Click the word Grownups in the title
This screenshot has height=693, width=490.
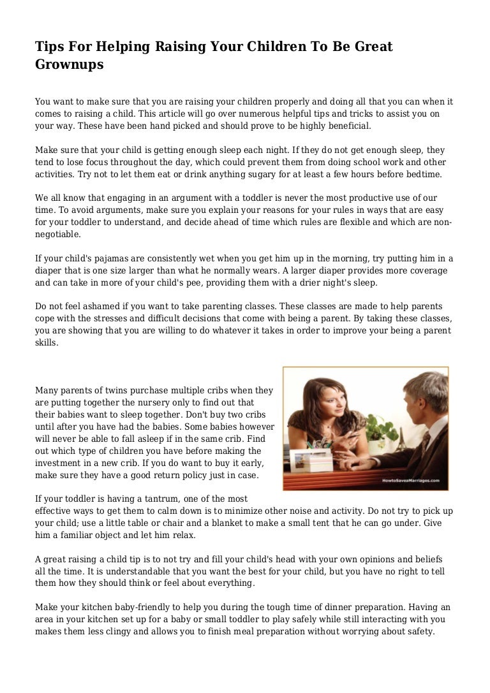[x=69, y=64]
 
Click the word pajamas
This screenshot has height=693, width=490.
[x=101, y=258]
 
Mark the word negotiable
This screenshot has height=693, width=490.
[x=58, y=234]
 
